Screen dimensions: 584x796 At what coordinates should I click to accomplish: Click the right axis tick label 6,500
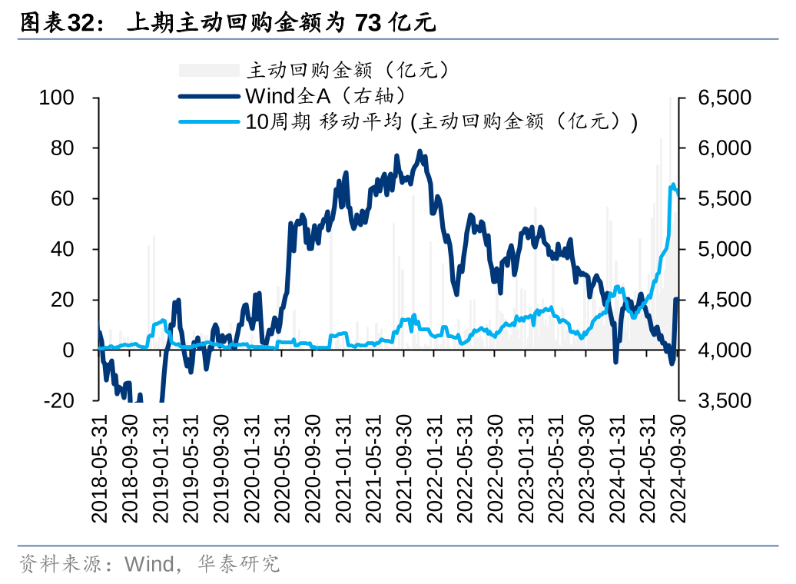(724, 98)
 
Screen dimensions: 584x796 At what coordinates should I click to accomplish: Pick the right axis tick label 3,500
(724, 400)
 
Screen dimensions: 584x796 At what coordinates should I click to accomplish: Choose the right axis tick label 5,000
(724, 249)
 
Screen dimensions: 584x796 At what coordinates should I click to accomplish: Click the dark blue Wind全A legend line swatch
(209, 96)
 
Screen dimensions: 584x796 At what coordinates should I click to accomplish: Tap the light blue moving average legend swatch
(209, 121)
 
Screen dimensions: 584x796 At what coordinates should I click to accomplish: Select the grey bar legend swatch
(209, 71)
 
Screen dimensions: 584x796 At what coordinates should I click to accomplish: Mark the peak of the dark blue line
(420, 151)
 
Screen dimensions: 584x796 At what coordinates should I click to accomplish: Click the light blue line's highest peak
(674, 184)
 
